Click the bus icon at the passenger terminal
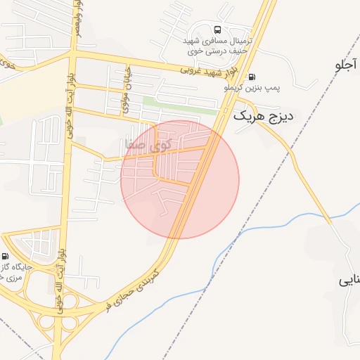[217, 30]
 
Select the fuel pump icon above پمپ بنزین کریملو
[252, 77]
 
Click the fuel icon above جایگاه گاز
[6, 257]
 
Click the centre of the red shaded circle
[180, 179]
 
